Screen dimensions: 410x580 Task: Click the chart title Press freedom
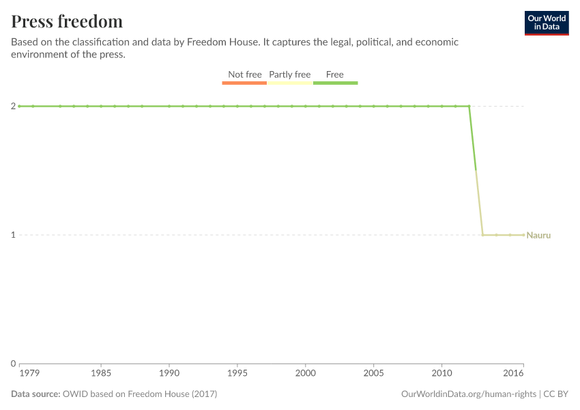click(67, 21)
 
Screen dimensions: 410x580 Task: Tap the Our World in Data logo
click(546, 23)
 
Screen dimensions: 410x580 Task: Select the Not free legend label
click(244, 74)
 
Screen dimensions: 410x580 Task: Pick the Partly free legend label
click(289, 74)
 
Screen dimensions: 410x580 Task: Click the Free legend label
click(334, 74)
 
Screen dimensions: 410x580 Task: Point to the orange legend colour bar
click(244, 83)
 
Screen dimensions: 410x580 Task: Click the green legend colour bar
click(335, 83)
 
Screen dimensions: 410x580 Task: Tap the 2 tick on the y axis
click(13, 106)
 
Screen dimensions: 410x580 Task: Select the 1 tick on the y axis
click(13, 235)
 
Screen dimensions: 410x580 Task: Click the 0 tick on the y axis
click(13, 364)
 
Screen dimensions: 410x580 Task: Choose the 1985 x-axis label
click(101, 374)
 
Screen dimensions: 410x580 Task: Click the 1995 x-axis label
click(237, 374)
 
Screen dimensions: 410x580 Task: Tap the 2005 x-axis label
click(373, 374)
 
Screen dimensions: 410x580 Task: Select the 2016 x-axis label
click(514, 374)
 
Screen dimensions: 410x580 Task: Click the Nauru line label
click(538, 235)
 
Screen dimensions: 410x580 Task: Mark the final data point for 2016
click(523, 235)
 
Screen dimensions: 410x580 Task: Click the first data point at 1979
click(19, 106)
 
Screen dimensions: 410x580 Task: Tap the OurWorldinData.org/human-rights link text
click(468, 394)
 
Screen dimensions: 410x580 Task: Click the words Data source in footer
click(35, 394)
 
